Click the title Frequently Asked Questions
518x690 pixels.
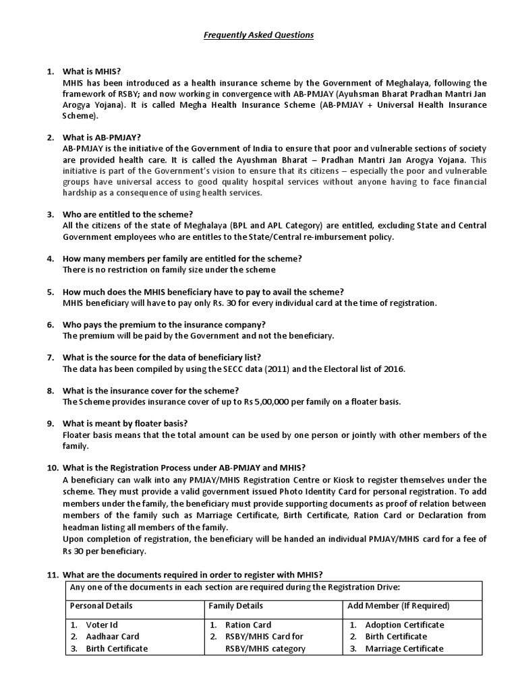(258, 34)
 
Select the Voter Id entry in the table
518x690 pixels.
(102, 625)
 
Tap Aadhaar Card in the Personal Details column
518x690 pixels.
(113, 636)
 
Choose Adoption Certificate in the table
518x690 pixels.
(405, 625)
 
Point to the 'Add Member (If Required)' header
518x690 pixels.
(398, 606)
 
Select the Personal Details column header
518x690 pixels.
(101, 606)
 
